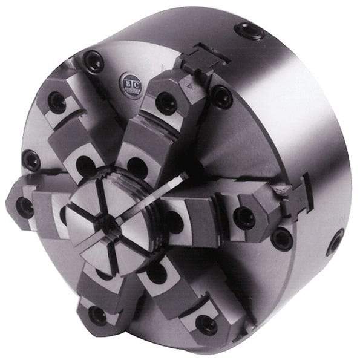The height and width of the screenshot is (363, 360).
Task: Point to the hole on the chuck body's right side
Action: (x=335, y=243)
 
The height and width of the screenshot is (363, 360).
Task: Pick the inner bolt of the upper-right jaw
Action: (x=137, y=166)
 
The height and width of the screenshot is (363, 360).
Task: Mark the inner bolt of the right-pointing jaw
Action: (x=174, y=221)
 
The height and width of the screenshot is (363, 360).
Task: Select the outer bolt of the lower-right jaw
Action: (x=206, y=324)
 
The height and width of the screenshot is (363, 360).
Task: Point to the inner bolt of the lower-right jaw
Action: (x=157, y=272)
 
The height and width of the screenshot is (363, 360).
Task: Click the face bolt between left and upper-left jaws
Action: (x=31, y=160)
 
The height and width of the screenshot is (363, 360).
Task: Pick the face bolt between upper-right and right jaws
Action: (x=221, y=95)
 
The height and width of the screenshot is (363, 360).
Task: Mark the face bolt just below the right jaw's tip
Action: (x=282, y=240)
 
